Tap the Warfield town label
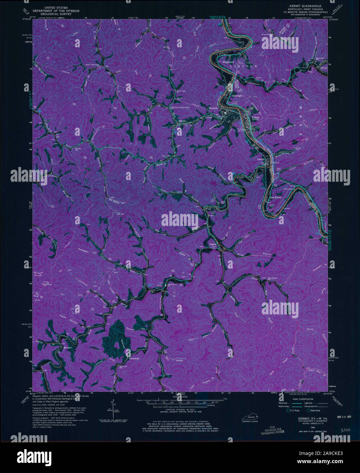tap(213, 108)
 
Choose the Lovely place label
tap(261, 159)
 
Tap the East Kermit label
tap(276, 197)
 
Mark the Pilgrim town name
tap(212, 244)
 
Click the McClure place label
tap(67, 348)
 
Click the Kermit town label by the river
tap(255, 118)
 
